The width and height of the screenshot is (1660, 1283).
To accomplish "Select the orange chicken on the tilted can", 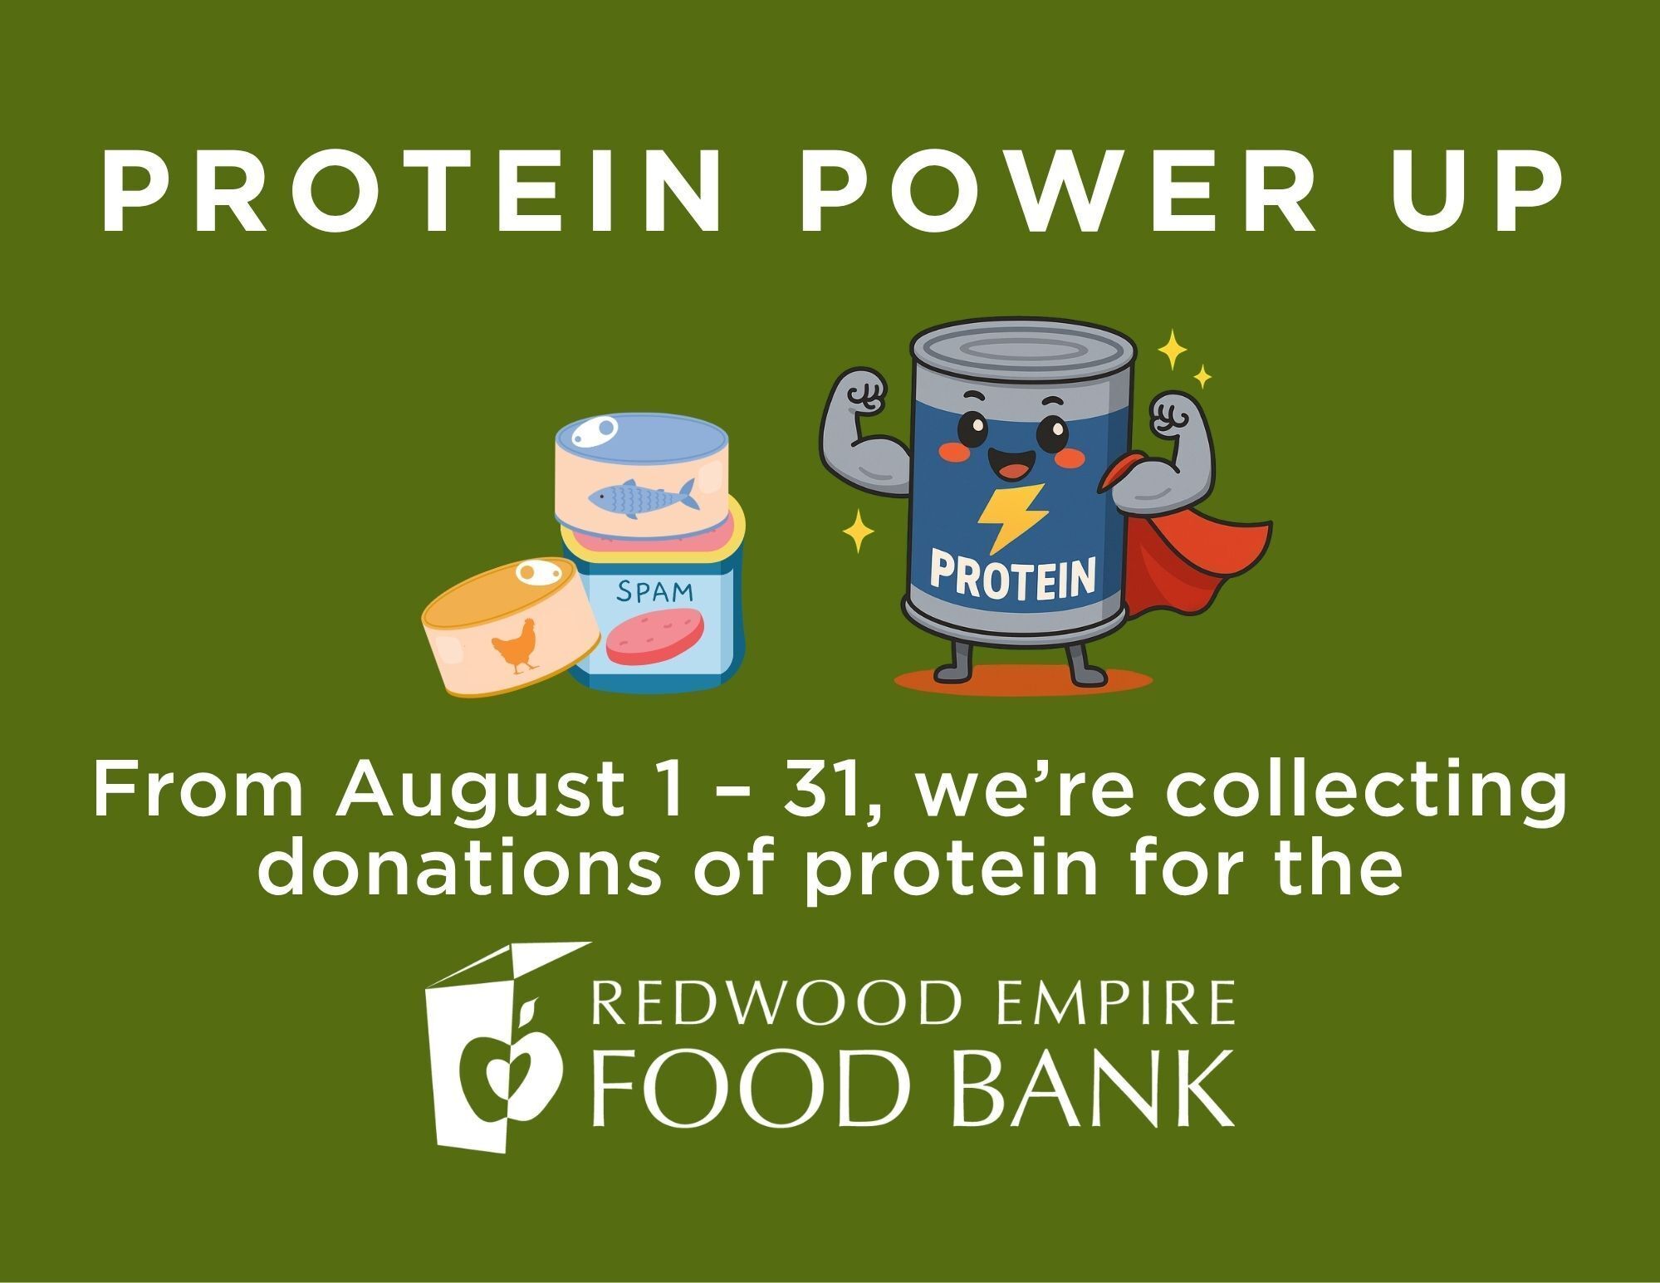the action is (515, 644).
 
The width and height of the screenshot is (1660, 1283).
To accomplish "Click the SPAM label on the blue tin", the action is (655, 591).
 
